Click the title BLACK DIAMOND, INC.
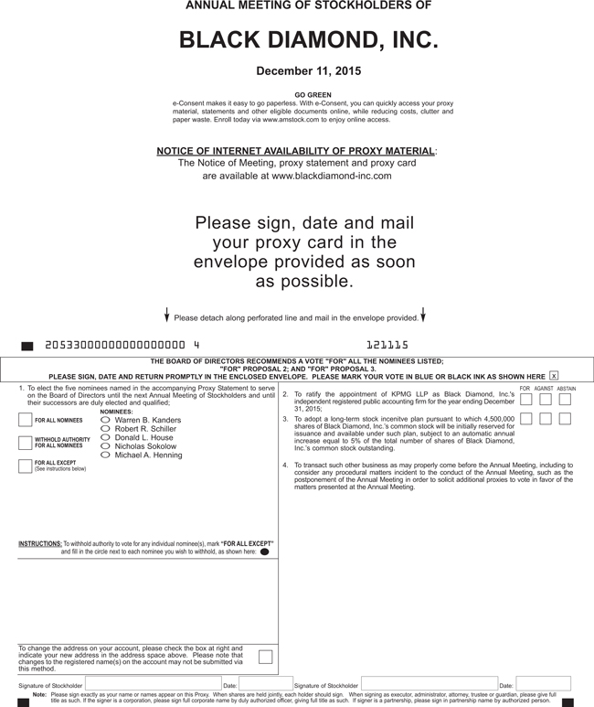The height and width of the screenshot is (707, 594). pos(308,40)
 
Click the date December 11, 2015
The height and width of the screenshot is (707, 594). pos(308,70)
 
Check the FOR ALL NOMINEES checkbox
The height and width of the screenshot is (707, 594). pos(26,421)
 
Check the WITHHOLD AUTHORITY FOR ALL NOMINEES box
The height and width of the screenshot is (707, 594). pos(26,444)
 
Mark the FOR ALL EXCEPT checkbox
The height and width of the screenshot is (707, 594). pos(26,466)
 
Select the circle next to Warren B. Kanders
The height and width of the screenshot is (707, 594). pos(105,421)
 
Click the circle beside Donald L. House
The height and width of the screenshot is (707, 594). pos(105,437)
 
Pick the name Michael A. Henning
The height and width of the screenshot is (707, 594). pos(148,455)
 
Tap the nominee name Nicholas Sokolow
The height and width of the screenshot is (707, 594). pos(145,446)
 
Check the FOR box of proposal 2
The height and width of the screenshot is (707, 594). pos(525,400)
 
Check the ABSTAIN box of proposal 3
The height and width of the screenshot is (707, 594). pos(565,419)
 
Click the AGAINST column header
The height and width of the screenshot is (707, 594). pos(544,389)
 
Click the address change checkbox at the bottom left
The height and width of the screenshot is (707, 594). pos(265,656)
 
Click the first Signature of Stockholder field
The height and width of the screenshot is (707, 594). pos(153,684)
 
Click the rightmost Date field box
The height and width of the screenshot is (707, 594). pos(543,684)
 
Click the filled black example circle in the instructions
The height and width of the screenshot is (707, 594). pos(264,552)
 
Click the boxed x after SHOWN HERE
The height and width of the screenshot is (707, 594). pos(554,376)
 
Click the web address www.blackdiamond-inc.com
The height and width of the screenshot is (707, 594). pos(331,176)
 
